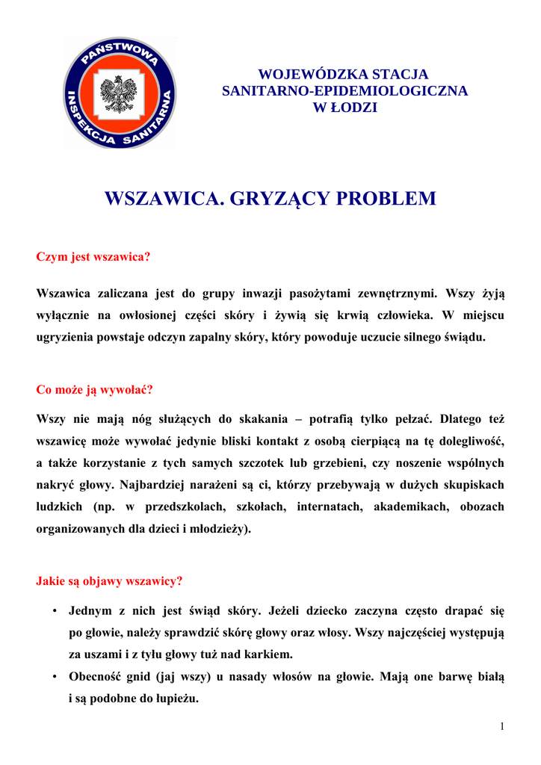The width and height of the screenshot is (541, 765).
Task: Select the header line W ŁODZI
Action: click(x=344, y=108)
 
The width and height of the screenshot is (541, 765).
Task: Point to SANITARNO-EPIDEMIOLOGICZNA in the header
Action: click(x=344, y=91)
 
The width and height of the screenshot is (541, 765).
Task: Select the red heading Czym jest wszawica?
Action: click(x=93, y=257)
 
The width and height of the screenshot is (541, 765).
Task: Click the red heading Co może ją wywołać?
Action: click(x=94, y=390)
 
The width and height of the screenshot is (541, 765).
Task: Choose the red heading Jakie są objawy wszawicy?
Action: click(x=109, y=580)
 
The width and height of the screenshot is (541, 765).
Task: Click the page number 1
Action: click(x=503, y=727)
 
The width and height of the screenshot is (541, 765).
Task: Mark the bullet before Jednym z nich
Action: click(x=56, y=611)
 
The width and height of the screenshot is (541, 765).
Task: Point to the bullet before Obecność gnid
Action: click(x=56, y=678)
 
